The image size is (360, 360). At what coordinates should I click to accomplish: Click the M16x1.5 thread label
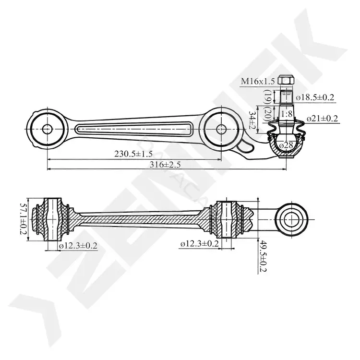pyautogui.click(x=258, y=81)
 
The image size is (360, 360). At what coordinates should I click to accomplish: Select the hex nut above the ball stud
pyautogui.click(x=286, y=80)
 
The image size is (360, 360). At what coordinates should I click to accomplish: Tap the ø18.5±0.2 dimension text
pyautogui.click(x=315, y=97)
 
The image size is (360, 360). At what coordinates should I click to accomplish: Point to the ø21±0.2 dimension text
pyautogui.click(x=323, y=119)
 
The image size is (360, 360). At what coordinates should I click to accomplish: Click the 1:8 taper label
pyautogui.click(x=287, y=114)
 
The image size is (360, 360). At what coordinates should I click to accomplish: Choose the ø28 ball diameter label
pyautogui.click(x=286, y=145)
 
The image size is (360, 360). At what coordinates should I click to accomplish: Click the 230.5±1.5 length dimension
pyautogui.click(x=133, y=154)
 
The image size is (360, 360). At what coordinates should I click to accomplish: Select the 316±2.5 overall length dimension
pyautogui.click(x=165, y=164)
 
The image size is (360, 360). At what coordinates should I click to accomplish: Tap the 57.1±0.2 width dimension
pyautogui.click(x=24, y=218)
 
